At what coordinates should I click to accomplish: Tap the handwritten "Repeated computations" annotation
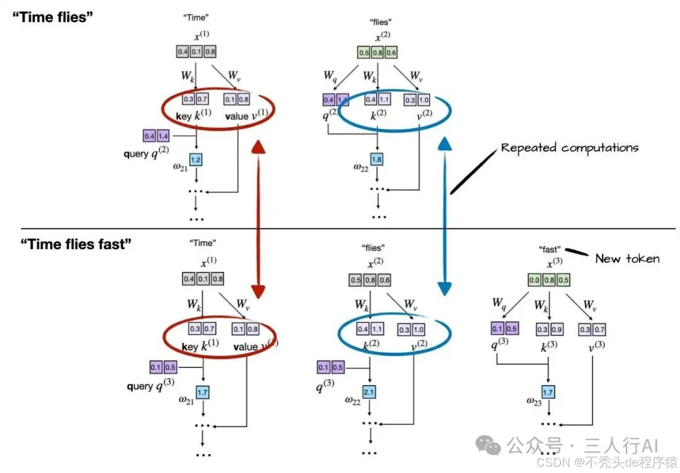(569, 148)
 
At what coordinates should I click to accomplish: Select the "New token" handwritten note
(627, 258)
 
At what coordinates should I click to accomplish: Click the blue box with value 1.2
(195, 160)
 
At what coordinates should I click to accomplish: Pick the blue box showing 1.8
(377, 160)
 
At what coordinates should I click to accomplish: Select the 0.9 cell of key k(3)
(557, 329)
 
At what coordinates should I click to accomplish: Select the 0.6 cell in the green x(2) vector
(392, 53)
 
